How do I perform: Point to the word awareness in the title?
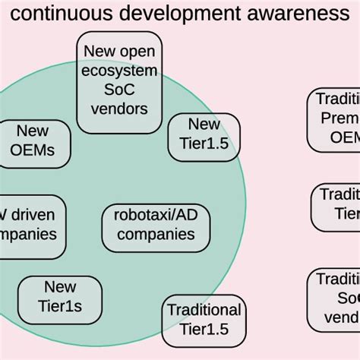tap(304, 13)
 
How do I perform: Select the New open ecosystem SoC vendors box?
tap(119, 81)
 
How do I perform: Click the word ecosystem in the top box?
tap(119, 71)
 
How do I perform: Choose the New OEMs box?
tap(33, 141)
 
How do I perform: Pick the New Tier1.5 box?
tap(203, 135)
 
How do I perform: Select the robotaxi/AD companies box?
tap(155, 224)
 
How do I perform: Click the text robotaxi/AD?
tap(155, 215)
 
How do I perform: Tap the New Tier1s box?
tap(59, 297)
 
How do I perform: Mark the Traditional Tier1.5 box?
tap(204, 320)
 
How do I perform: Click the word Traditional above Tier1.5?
tap(204, 310)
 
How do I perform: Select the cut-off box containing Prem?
tap(335, 119)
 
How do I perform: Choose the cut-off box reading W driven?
tap(30, 225)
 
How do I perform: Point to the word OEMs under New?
tap(33, 150)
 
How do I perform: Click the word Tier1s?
tap(59, 307)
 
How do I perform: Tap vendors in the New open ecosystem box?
tap(119, 109)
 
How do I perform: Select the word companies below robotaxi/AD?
tap(155, 234)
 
